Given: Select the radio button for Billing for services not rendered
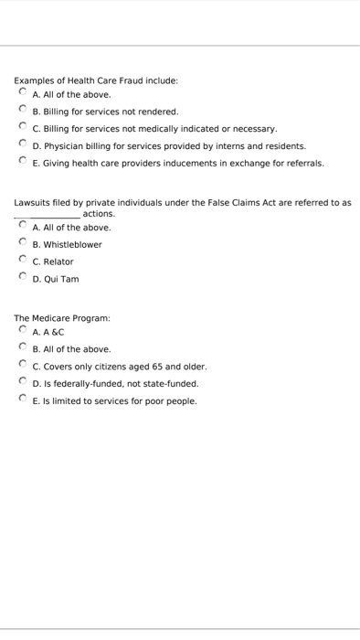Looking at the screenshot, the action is [x=23, y=111].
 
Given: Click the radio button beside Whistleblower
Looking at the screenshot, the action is [x=23, y=244].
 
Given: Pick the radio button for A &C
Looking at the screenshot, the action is [x=23, y=332].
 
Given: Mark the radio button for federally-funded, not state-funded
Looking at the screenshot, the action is [x=23, y=383].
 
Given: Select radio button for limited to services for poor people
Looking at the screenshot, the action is [x=23, y=400].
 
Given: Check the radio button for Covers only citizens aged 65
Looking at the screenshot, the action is [x=23, y=366].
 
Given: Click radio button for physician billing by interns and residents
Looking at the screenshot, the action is [x=23, y=145].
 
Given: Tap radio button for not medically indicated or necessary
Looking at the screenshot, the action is [x=23, y=128].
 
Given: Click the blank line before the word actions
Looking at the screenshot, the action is [x=47, y=216].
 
